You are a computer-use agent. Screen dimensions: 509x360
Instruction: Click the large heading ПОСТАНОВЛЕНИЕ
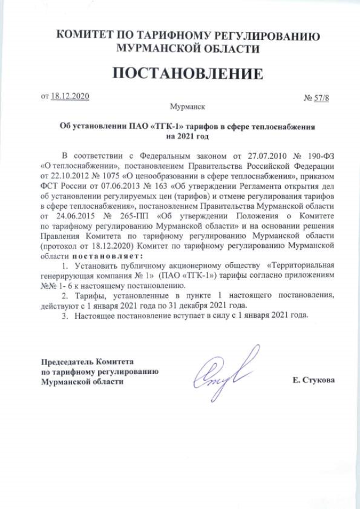point(188,74)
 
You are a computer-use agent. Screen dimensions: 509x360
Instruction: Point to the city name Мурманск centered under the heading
point(187,106)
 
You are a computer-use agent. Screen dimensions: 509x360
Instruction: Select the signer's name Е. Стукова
point(313,380)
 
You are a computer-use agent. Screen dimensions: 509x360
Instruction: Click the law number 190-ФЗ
point(321,156)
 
